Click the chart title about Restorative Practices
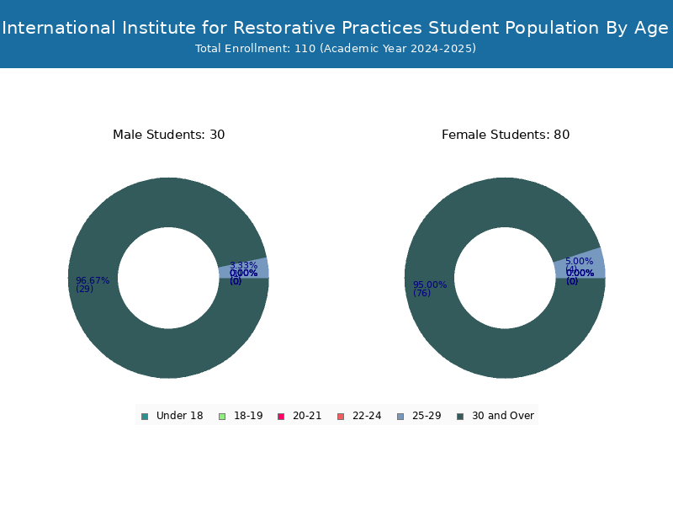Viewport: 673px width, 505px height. point(336,28)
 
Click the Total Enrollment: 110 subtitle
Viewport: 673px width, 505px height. point(336,49)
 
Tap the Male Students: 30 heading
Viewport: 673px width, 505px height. point(168,135)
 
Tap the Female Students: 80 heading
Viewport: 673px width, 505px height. point(505,135)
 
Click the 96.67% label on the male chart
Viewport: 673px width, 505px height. point(93,280)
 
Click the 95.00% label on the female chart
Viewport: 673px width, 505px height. point(429,284)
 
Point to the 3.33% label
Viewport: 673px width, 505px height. point(243,265)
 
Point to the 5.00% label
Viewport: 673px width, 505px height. point(579,261)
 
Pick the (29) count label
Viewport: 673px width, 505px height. point(84,290)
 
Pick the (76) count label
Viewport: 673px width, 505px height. point(421,293)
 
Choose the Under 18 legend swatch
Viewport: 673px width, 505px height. point(145,416)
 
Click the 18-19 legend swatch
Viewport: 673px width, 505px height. point(222,416)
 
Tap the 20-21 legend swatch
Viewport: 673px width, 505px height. point(281,416)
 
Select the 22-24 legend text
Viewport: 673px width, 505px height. point(367,416)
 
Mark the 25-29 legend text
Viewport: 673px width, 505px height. point(427,416)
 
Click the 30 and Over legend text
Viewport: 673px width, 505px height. point(502,416)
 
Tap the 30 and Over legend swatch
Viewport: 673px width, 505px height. point(459,416)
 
